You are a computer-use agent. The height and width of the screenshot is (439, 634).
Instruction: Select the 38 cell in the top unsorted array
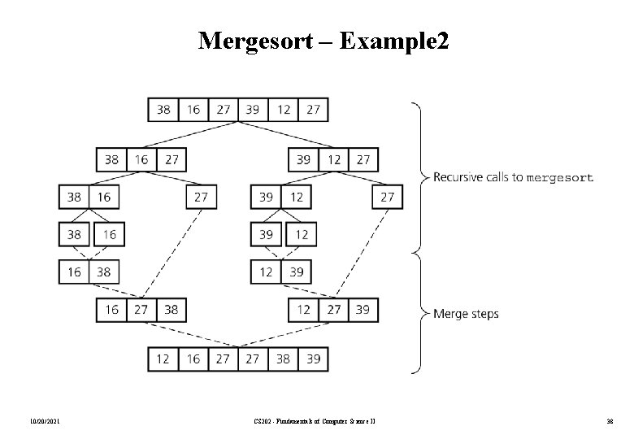pyautogui.click(x=163, y=108)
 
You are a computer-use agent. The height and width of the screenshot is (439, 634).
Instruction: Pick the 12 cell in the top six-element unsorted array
pyautogui.click(x=283, y=108)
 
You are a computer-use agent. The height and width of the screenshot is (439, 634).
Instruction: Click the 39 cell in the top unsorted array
pyautogui.click(x=253, y=108)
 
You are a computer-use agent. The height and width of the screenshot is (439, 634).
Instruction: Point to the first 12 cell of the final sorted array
pyautogui.click(x=163, y=358)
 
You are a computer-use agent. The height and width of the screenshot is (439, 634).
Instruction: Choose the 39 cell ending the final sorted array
pyautogui.click(x=313, y=358)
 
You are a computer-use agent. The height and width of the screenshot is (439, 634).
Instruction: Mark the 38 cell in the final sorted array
pyautogui.click(x=283, y=358)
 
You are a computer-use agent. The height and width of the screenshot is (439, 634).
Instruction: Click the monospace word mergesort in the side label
pyautogui.click(x=560, y=177)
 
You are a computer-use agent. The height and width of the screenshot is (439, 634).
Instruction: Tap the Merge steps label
pyautogui.click(x=467, y=313)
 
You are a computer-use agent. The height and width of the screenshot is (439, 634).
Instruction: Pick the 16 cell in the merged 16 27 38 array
pyautogui.click(x=111, y=309)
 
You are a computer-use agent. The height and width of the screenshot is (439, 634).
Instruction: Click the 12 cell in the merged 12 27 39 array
pyautogui.click(x=303, y=309)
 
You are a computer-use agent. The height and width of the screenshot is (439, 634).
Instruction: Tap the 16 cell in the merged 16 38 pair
pyautogui.click(x=74, y=272)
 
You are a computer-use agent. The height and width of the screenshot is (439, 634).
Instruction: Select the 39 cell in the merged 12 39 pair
pyautogui.click(x=296, y=272)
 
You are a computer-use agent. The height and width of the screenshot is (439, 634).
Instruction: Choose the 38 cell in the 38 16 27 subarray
pyautogui.click(x=111, y=159)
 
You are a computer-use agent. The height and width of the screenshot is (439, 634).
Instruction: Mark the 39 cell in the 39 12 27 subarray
pyautogui.click(x=303, y=159)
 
